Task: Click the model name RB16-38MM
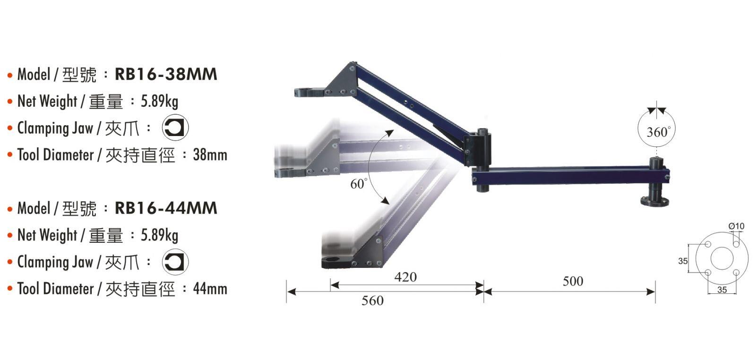[x=166, y=74]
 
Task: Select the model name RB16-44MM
[x=166, y=208]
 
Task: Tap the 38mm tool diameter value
[x=210, y=155]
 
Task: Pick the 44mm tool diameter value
[x=210, y=289]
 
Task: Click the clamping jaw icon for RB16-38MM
[x=175, y=128]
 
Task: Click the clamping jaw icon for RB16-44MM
[x=175, y=261]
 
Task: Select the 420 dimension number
[x=405, y=277]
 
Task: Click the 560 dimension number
[x=373, y=300]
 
